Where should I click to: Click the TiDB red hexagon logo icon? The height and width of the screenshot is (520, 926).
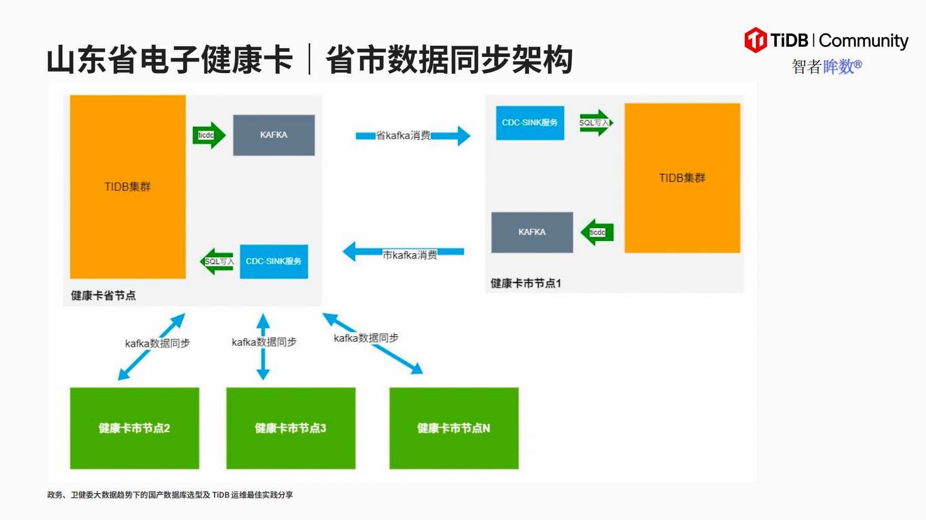(x=755, y=40)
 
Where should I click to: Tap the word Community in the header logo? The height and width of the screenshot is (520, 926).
(x=864, y=41)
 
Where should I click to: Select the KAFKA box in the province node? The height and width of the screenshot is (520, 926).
(x=274, y=135)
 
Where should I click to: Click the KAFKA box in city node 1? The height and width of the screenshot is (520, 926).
(x=532, y=232)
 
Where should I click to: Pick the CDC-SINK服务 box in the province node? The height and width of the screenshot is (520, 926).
(x=274, y=262)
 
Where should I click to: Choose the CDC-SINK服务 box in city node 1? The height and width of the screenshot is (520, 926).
(x=530, y=123)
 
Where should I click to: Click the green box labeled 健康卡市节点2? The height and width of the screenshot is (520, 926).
(x=135, y=428)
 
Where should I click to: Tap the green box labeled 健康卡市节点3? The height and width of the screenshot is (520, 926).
(x=290, y=428)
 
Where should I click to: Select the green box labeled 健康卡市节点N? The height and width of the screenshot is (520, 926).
(x=454, y=428)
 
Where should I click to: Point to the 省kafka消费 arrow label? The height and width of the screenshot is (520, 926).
(x=403, y=136)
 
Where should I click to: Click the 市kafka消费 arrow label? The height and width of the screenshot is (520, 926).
(x=410, y=255)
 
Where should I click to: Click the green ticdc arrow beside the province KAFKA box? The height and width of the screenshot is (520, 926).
(x=208, y=135)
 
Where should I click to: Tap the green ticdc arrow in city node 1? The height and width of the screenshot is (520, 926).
(x=597, y=232)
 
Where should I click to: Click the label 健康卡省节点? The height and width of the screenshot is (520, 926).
(x=104, y=296)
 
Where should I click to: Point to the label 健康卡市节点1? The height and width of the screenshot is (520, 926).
(x=525, y=283)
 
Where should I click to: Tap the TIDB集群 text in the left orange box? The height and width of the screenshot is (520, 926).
(x=127, y=187)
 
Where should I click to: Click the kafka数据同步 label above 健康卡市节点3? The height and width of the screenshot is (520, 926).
(x=264, y=342)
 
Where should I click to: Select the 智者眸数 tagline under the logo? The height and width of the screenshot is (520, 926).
(x=826, y=66)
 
